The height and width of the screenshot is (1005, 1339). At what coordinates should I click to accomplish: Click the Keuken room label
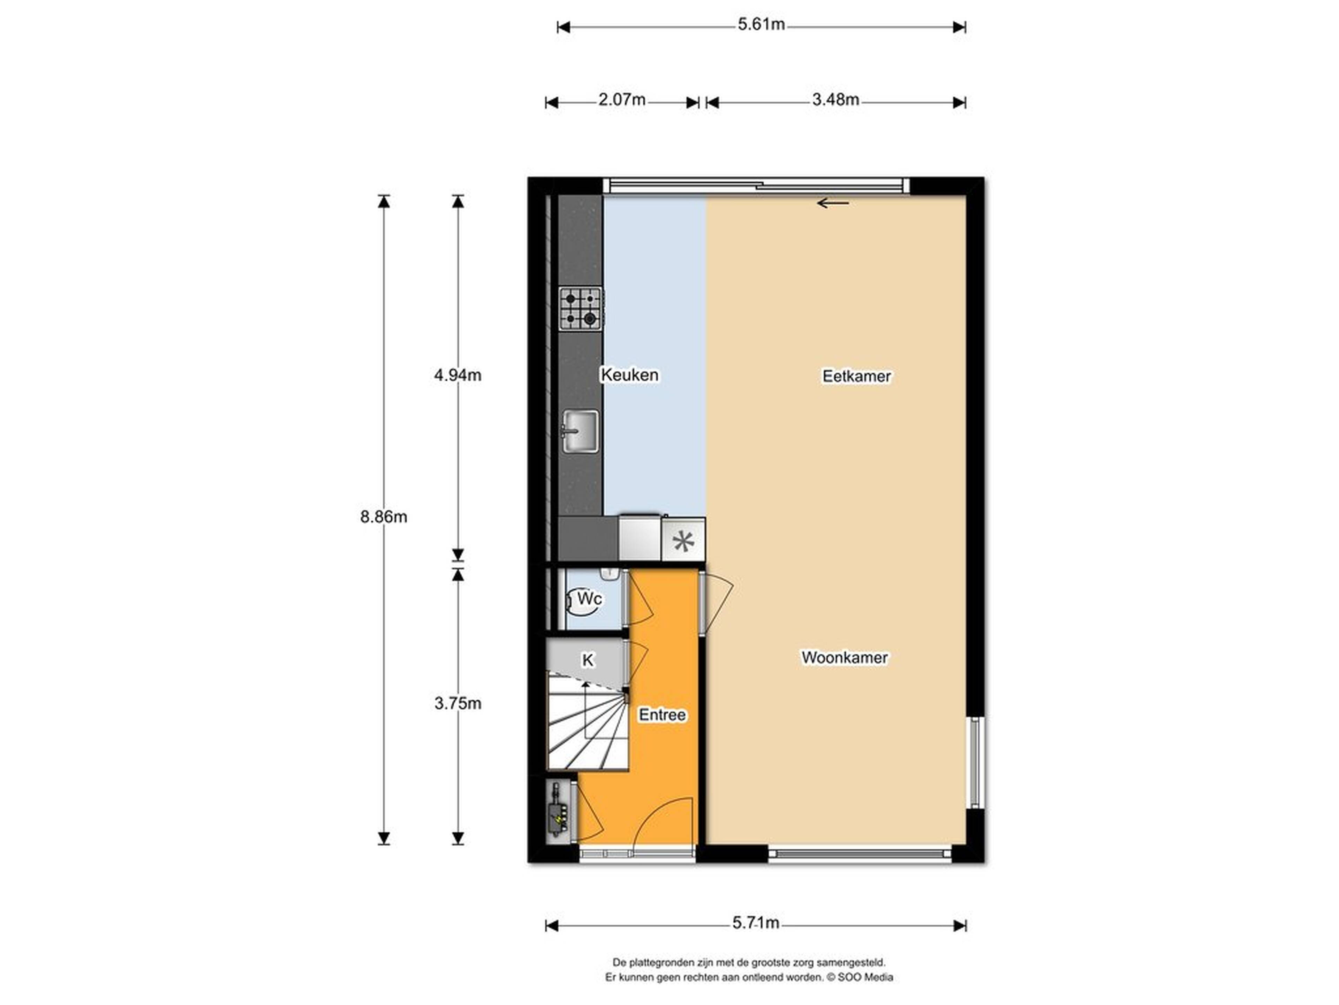[x=629, y=375]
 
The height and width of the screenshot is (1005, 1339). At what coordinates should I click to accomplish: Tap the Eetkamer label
[x=856, y=376]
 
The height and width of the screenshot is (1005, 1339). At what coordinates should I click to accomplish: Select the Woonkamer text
[x=845, y=657]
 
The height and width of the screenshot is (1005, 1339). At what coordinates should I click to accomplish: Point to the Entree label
[x=662, y=715]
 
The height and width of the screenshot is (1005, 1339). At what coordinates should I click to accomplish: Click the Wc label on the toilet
[x=589, y=598]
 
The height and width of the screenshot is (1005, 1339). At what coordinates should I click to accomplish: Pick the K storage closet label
[x=587, y=660]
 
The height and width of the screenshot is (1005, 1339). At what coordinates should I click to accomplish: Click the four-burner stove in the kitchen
[x=581, y=309]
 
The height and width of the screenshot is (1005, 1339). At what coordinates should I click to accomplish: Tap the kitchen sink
[x=581, y=431]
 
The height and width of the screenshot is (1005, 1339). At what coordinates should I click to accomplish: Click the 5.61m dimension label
[x=761, y=25]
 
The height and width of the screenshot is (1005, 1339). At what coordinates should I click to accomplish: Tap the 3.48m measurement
[x=835, y=99]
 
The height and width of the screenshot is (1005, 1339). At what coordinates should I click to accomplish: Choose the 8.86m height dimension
[x=384, y=517]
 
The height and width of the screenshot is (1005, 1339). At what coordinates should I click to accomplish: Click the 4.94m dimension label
[x=457, y=375]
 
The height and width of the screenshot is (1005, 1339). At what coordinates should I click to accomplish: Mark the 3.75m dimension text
[x=457, y=703]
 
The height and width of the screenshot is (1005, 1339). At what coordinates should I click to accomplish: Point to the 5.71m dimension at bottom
[x=756, y=923]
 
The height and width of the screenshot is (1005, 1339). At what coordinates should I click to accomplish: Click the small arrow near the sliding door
[x=833, y=203]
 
